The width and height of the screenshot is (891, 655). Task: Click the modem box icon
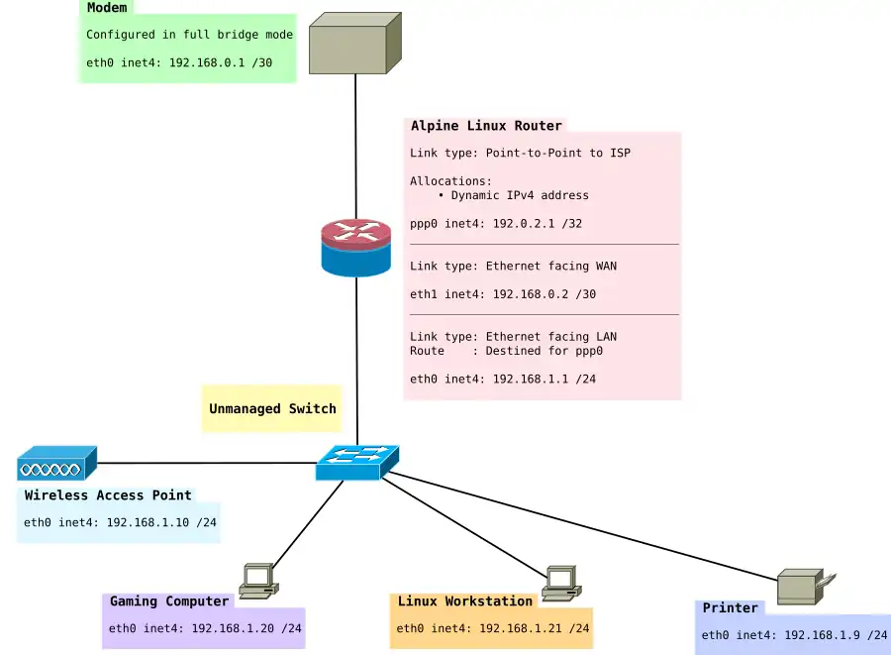[354, 44]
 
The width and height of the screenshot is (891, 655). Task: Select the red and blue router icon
[356, 248]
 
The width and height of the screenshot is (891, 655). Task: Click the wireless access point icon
[56, 463]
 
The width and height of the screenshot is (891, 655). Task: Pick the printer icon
[805, 587]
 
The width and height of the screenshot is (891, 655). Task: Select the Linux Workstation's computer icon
[560, 583]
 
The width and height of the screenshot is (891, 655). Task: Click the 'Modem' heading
[106, 8]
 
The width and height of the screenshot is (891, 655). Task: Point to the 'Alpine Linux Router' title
[486, 126]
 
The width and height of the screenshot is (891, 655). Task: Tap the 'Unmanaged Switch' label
[272, 408]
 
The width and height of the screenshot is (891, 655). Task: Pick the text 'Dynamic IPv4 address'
[520, 195]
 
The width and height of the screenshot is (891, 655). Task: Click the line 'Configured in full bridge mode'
[189, 35]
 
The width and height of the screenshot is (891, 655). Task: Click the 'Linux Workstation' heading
[464, 601]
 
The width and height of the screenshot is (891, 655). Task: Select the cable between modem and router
[355, 149]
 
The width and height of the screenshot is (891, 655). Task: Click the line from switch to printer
[584, 527]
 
